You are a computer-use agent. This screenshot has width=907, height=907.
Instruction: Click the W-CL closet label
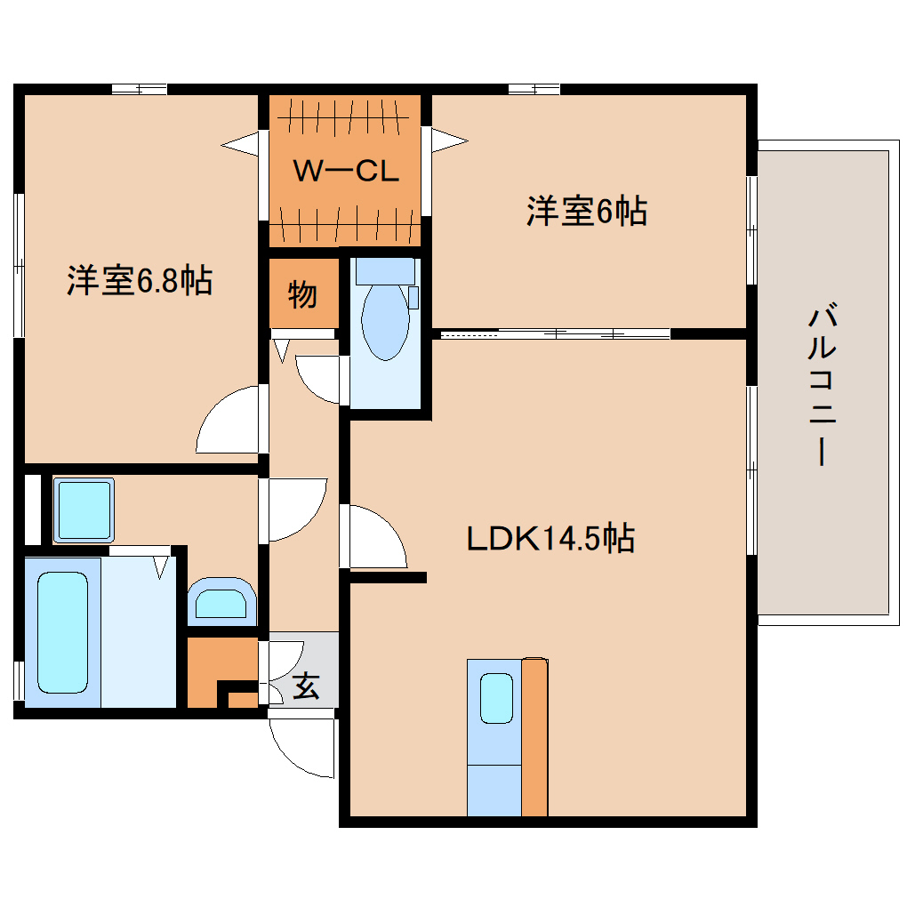345,172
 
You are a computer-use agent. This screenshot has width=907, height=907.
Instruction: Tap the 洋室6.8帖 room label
139,281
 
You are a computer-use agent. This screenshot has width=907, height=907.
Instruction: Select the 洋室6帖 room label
586,212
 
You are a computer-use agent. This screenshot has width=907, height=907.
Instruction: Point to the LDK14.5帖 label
550,538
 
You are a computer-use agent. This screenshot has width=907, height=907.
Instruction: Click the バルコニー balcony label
823,385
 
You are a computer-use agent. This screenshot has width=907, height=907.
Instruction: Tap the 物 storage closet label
302,293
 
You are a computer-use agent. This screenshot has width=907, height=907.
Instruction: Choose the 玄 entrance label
306,686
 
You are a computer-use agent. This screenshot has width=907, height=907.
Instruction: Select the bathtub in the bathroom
62,631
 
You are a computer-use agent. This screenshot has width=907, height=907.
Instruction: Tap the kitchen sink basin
496,698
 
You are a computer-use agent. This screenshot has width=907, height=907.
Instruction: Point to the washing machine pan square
84,510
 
